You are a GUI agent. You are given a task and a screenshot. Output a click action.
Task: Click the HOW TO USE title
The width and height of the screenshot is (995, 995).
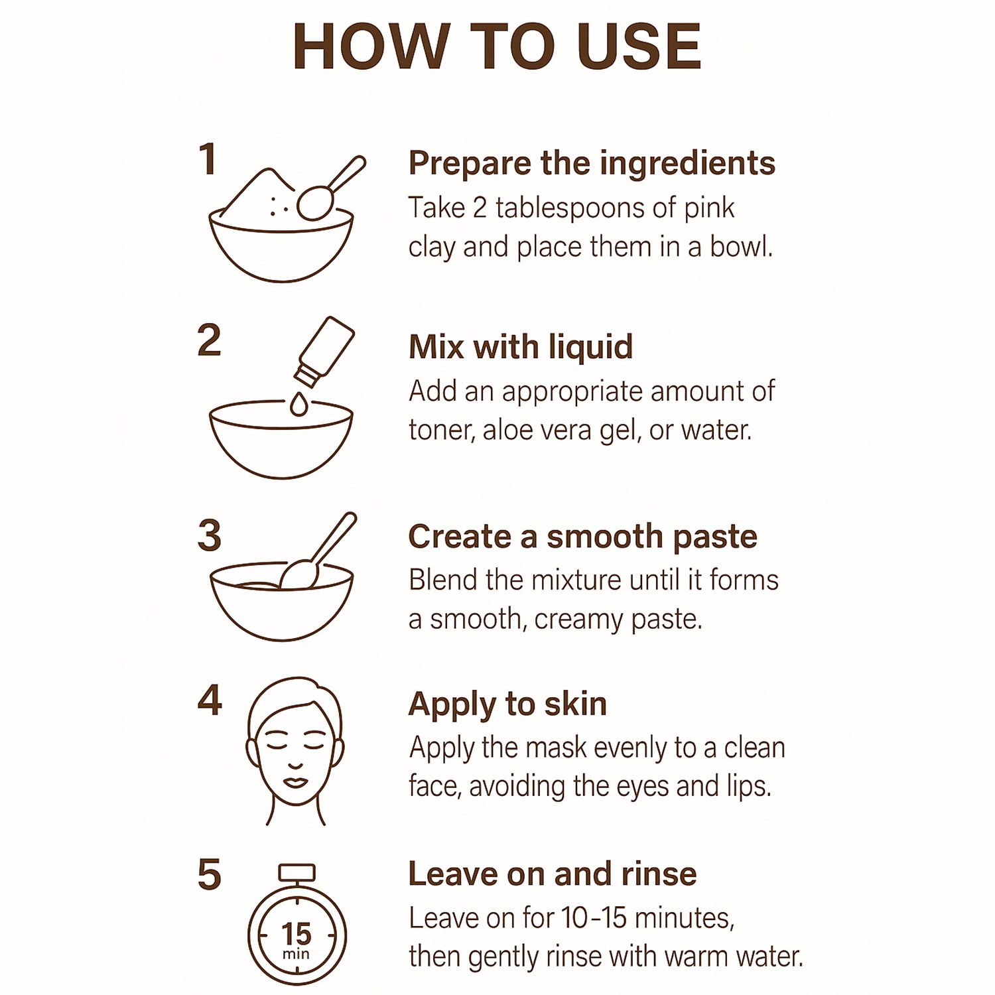(497, 46)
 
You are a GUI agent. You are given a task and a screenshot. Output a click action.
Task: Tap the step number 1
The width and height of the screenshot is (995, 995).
(208, 160)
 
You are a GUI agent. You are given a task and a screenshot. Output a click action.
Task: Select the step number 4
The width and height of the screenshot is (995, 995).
(210, 700)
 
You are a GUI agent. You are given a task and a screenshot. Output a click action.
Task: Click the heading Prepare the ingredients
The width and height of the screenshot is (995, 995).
(592, 164)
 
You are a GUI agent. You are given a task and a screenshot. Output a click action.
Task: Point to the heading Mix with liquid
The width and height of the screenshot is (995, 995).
(521, 347)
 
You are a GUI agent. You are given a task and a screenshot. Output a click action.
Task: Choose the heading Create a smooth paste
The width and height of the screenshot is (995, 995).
(582, 537)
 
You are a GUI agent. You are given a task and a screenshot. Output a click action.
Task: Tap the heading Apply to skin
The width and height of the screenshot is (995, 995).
(507, 704)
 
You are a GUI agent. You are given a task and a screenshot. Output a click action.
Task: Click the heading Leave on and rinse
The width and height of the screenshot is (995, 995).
(553, 874)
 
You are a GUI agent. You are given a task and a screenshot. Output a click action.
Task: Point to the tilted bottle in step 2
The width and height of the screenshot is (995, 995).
(325, 352)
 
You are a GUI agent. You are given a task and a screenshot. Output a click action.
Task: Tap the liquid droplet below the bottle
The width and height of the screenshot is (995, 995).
(299, 404)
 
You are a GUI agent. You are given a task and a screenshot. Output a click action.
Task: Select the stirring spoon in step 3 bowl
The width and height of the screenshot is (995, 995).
(318, 551)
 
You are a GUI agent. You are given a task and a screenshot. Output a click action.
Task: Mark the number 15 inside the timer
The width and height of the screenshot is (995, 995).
(296, 934)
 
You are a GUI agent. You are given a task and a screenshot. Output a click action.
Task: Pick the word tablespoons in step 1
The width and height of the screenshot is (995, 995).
(570, 209)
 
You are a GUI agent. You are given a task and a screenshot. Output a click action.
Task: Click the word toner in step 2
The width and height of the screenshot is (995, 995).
(441, 431)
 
